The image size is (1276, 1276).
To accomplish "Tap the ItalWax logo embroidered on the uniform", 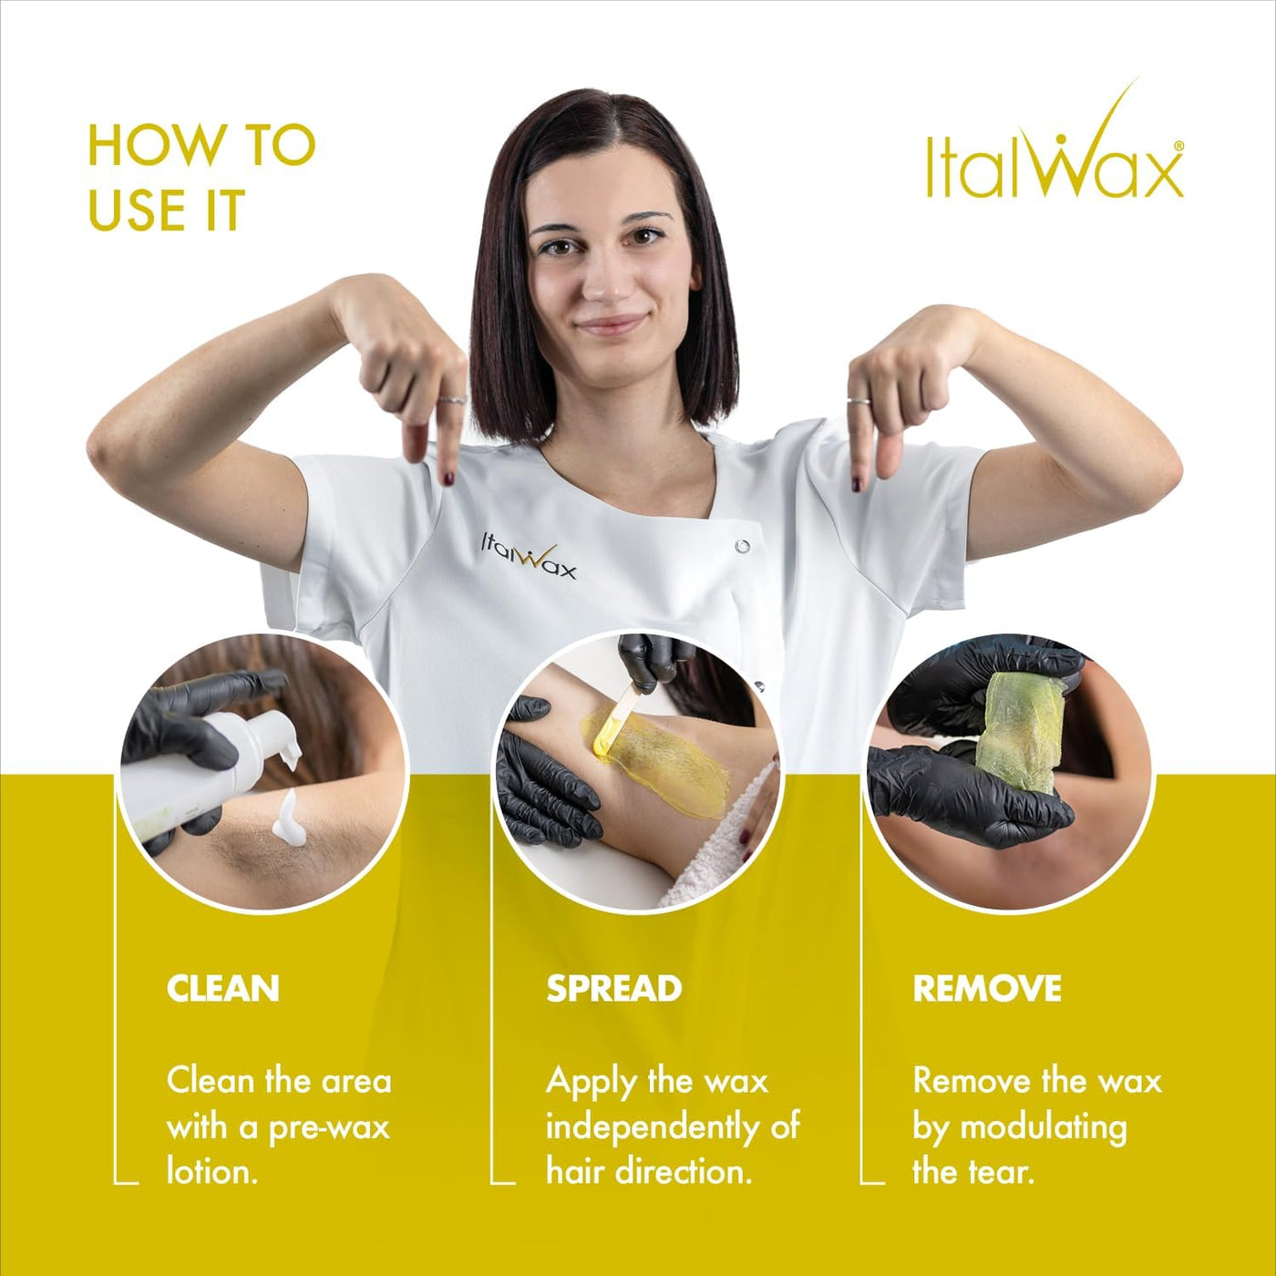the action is (x=528, y=561).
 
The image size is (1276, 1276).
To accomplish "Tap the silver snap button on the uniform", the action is (x=742, y=546).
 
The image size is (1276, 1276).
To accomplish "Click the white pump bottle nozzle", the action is (x=287, y=741).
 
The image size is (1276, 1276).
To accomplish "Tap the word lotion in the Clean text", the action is (x=211, y=1173).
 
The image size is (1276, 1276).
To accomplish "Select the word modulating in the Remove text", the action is (x=1043, y=1128).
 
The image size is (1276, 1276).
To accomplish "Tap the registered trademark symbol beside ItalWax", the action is (x=1178, y=147).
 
